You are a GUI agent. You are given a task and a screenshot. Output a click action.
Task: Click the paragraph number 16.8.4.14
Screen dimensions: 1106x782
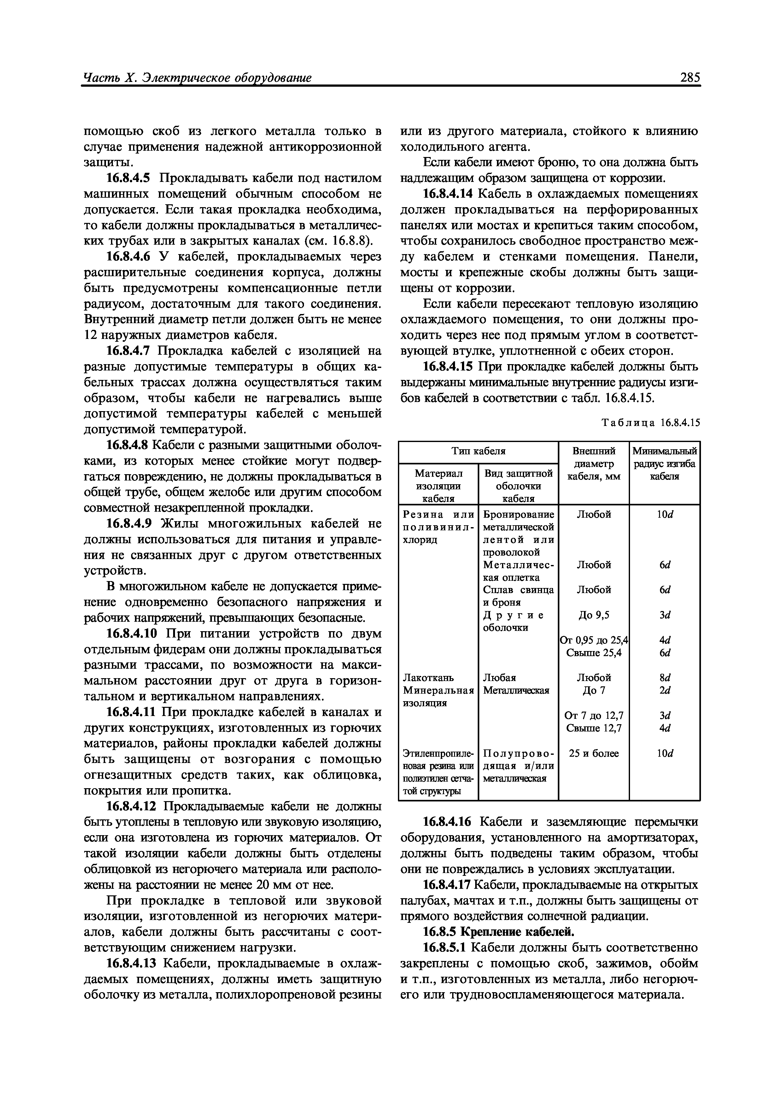coord(448,194)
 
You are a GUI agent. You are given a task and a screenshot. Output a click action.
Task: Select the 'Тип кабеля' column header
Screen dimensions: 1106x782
coord(478,451)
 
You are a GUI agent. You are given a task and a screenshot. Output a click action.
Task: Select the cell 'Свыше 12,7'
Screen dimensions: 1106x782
coord(594,728)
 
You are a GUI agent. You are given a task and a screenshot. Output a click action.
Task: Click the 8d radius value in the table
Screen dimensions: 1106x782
coord(665,678)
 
